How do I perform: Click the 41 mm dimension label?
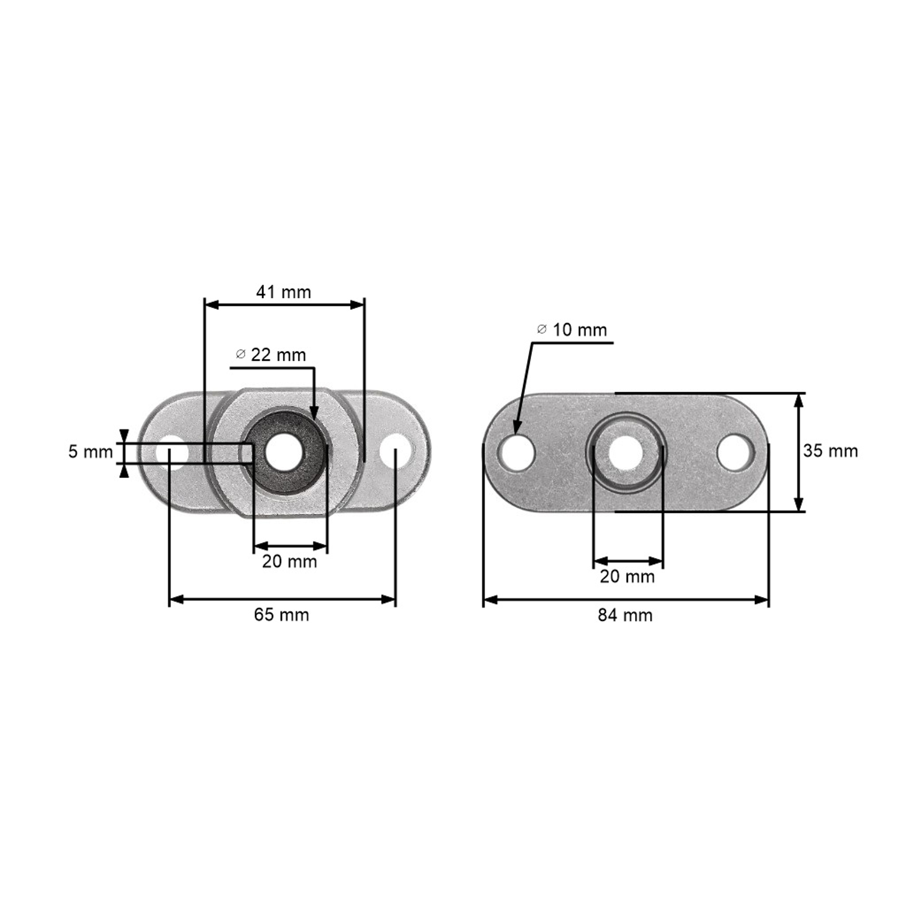pyautogui.click(x=283, y=292)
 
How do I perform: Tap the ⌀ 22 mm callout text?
pyautogui.click(x=271, y=355)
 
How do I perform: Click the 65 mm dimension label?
pyautogui.click(x=281, y=614)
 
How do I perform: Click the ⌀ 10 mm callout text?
pyautogui.click(x=572, y=330)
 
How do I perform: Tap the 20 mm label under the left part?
pyautogui.click(x=289, y=561)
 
